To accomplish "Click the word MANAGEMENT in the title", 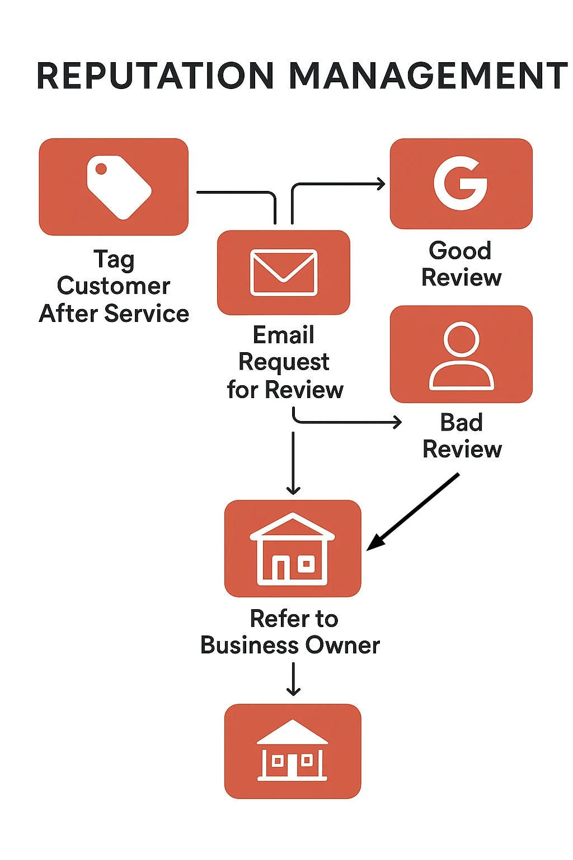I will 428,76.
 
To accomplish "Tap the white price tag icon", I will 119,187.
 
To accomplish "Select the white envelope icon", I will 284,273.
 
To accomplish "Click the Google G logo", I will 461,183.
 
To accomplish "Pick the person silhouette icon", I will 461,356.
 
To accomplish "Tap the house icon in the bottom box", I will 292,751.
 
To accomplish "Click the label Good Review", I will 461,264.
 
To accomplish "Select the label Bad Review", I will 462,436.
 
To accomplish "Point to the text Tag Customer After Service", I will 114,286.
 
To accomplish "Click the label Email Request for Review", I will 284,362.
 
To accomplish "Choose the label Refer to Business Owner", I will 291,632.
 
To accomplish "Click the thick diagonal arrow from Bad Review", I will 414,512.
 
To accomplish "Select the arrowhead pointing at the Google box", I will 381,184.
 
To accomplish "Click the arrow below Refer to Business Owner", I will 293,679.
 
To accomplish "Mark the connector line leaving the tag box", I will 235,193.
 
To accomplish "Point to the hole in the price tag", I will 101,169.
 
